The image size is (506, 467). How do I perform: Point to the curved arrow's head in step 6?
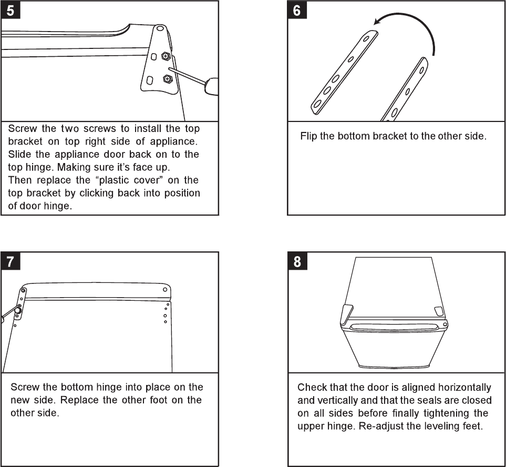coord(374,23)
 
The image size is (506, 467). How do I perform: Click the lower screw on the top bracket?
coord(167,79)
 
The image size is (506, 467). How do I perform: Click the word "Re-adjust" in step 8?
coord(379,425)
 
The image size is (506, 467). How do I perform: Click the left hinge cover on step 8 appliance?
coord(345,314)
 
